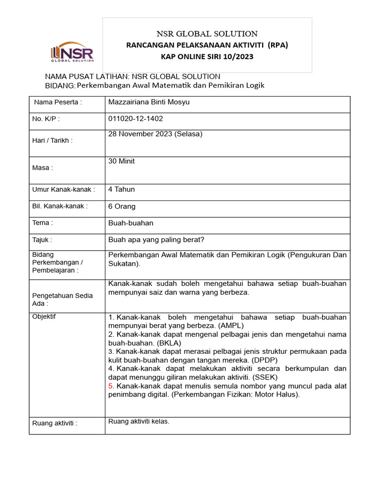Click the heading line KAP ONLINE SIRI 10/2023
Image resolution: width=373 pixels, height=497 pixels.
click(207, 56)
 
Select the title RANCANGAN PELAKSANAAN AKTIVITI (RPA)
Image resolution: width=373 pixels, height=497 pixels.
click(207, 45)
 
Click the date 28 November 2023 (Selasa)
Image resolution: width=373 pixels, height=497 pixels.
click(155, 134)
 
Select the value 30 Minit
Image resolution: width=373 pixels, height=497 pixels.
click(121, 161)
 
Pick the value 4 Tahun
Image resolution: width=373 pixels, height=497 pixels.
click(121, 189)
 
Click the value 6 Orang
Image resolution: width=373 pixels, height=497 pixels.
click(121, 206)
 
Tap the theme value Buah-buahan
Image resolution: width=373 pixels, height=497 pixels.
click(131, 223)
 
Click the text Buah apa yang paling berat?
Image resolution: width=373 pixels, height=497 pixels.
click(156, 240)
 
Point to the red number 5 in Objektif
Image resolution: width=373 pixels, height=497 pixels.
click(111, 386)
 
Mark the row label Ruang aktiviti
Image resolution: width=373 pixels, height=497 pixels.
click(54, 423)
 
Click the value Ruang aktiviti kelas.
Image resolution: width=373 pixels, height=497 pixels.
click(138, 421)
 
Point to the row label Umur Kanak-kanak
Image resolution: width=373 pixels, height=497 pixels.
click(63, 189)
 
